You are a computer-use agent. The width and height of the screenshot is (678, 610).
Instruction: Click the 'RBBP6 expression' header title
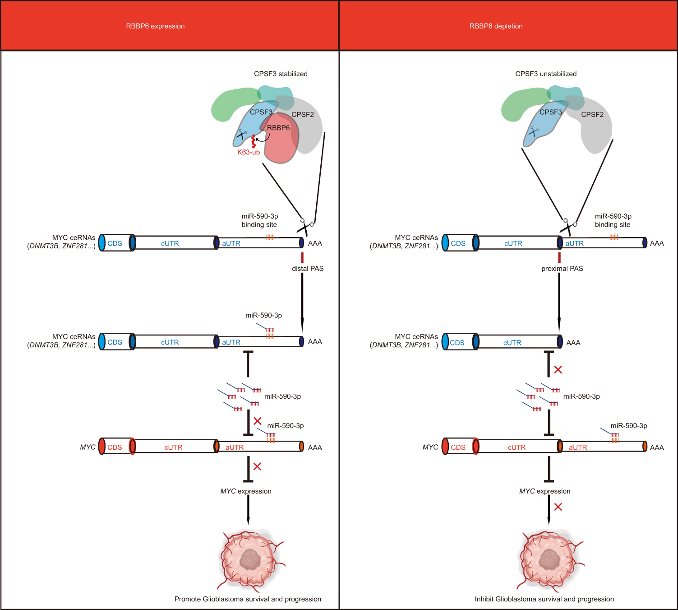click(x=155, y=26)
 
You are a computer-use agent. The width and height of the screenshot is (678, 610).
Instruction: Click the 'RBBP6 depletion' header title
click(x=496, y=26)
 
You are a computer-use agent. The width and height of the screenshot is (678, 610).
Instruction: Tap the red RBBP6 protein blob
click(x=280, y=144)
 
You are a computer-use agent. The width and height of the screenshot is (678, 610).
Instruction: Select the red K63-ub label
click(x=249, y=153)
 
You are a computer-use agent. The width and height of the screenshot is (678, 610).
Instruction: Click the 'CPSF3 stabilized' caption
click(x=281, y=74)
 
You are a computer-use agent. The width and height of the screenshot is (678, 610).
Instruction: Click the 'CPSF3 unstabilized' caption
click(x=546, y=74)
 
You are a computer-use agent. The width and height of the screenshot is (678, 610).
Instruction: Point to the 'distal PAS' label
click(x=308, y=269)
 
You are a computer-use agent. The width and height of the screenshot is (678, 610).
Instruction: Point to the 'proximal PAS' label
click(x=562, y=269)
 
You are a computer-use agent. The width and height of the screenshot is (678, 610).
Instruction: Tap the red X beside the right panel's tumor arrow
click(x=558, y=507)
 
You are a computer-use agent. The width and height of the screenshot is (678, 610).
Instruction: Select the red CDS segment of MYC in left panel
click(x=115, y=447)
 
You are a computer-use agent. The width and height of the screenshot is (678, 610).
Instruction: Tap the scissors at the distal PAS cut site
click(x=305, y=225)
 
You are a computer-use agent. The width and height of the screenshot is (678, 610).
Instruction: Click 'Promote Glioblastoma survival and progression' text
click(x=248, y=599)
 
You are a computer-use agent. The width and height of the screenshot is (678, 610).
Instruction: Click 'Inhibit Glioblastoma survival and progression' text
click(x=544, y=599)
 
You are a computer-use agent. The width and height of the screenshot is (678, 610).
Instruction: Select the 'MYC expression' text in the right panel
click(x=544, y=491)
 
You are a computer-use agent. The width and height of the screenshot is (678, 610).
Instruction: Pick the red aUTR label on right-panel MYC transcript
click(x=578, y=447)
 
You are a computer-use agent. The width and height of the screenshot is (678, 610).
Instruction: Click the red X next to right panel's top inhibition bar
click(x=558, y=370)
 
